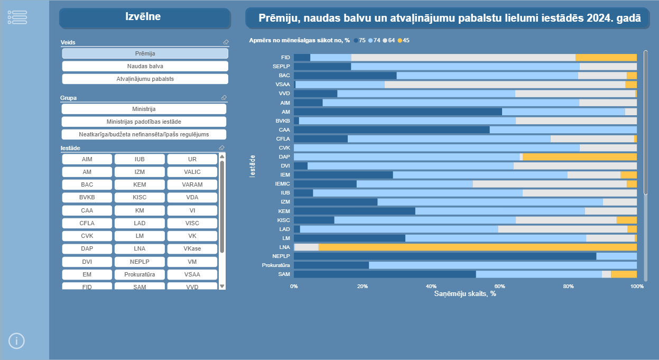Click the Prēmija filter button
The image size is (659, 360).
[145, 53]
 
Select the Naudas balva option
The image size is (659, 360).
[145, 66]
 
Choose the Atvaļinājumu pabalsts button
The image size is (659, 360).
[145, 79]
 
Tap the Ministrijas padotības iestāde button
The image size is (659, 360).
[144, 122]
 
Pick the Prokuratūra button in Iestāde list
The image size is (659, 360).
[140, 274]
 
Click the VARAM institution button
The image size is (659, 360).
[192, 184]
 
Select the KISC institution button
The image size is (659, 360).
[140, 197]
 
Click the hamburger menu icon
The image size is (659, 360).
[17, 17]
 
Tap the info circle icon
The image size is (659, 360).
[17, 341]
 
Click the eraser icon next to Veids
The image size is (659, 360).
[226, 42]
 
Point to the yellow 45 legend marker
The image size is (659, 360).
[400, 41]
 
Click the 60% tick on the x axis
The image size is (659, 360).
[499, 287]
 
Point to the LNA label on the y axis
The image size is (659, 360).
[284, 247]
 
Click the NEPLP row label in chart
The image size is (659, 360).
[281, 256]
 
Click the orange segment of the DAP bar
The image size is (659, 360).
[579, 157]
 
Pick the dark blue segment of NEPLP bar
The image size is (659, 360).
[444, 256]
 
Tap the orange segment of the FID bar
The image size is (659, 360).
[606, 58]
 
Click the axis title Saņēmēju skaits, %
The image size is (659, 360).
[465, 294]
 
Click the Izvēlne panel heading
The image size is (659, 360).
[143, 17]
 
